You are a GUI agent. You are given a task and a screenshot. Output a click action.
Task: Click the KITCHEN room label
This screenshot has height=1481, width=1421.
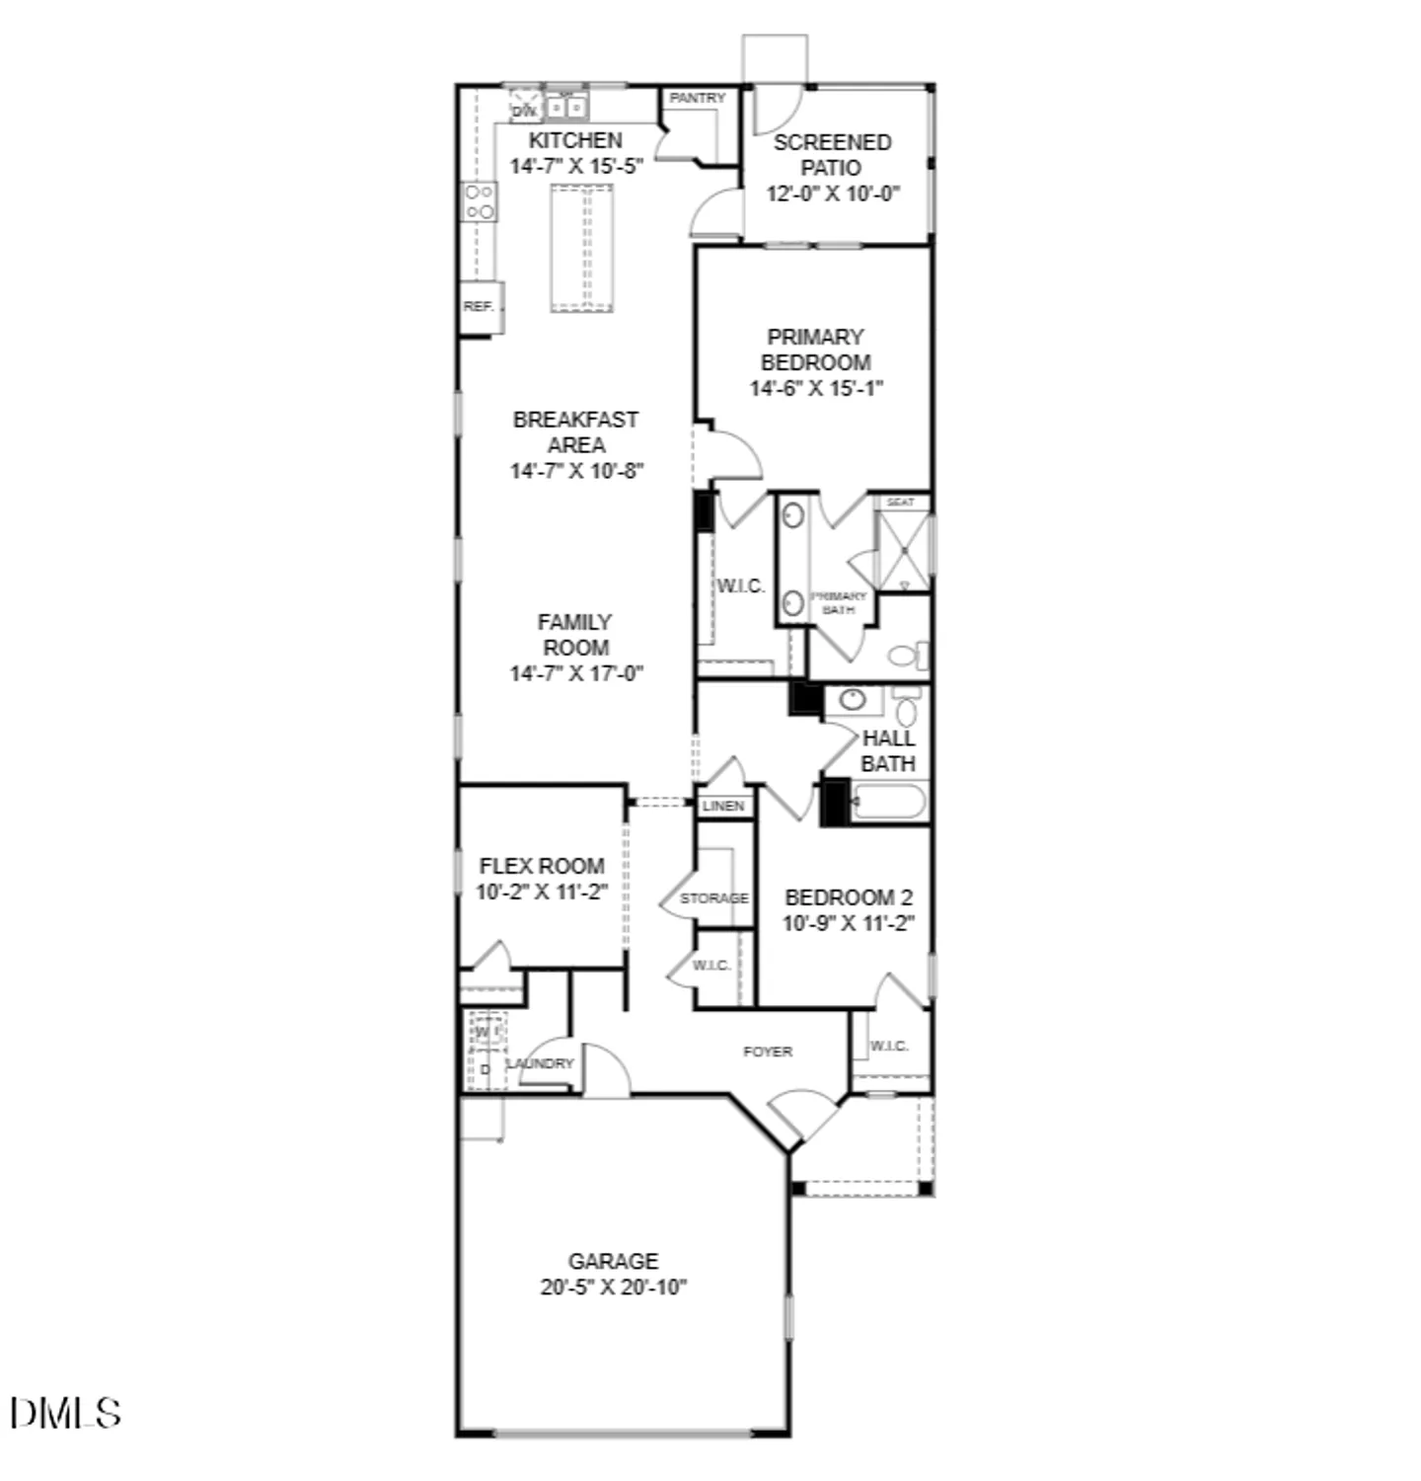pos(575,140)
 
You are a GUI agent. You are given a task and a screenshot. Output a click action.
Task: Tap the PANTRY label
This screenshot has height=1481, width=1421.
pos(697,98)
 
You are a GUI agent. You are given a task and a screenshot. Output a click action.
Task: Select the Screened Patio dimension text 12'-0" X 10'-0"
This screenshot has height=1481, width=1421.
pos(833,194)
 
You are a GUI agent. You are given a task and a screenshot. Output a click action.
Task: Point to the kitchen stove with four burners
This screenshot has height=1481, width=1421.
pos(480,202)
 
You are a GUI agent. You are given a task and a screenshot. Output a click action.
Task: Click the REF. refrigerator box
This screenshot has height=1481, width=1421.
pos(481,307)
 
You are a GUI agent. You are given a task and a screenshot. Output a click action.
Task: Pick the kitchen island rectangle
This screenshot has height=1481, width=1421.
pos(581,248)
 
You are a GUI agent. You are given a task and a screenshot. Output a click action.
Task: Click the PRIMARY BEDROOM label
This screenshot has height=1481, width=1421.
pos(815,350)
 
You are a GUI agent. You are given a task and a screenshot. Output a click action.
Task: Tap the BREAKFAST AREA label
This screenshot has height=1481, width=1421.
pos(575,432)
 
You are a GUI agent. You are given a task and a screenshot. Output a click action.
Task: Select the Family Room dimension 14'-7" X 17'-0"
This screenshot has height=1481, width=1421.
pos(576,673)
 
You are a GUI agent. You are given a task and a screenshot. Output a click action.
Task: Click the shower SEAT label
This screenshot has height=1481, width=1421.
pos(900,503)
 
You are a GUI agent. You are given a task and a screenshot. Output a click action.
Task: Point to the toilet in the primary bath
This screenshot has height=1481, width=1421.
pos(907,655)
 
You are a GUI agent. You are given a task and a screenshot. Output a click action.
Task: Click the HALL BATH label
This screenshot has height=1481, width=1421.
pos(888,750)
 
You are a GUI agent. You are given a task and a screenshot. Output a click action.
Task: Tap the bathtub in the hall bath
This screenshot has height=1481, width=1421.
pos(888,802)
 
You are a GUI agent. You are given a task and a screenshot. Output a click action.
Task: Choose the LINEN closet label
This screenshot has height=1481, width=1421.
pos(723,806)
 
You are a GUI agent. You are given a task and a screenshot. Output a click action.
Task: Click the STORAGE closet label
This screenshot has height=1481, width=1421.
pos(713,898)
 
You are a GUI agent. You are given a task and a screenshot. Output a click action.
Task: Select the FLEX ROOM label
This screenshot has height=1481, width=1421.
pos(542,866)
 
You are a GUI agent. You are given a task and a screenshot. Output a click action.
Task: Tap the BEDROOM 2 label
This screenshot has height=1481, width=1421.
pos(849,897)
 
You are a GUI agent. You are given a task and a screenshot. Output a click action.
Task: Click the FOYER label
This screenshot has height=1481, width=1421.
pos(768,1052)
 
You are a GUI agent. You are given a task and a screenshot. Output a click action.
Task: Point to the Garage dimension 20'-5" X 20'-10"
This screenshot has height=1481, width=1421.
pos(613,1287)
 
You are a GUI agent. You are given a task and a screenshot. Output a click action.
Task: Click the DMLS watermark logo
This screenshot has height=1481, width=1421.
pos(66,1413)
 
